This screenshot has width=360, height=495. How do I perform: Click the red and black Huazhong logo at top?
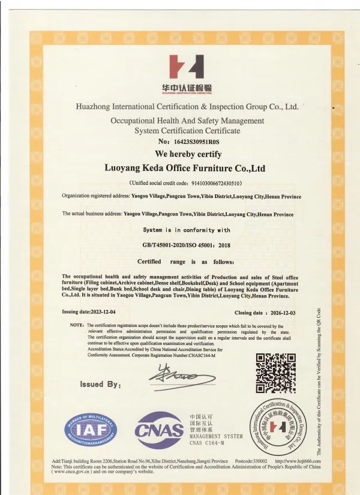tap(187, 68)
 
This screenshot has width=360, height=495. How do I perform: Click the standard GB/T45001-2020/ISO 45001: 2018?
tap(186, 245)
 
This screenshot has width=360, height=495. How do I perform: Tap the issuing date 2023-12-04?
tap(104, 312)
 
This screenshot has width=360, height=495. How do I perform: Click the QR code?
tap(276, 373)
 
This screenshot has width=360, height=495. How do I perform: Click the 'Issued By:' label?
tap(100, 384)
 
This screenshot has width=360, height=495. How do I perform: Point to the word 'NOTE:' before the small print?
tap(77, 325)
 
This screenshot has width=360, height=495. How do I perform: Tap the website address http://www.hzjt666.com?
tap(298, 461)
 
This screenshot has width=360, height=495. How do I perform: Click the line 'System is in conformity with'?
tap(186, 230)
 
